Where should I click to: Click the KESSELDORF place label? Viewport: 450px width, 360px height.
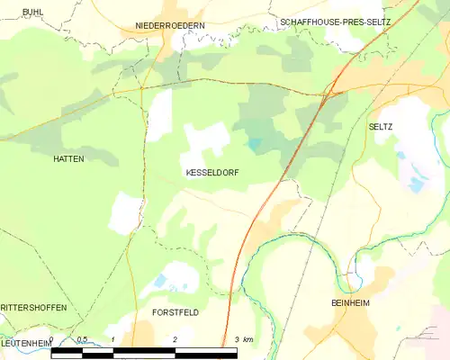pyautogui.click(x=212, y=171)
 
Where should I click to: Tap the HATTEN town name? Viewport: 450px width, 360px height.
pyautogui.click(x=68, y=158)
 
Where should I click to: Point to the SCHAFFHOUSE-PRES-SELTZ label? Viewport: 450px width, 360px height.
pyautogui.click(x=335, y=21)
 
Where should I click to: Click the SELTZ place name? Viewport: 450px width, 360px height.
pyautogui.click(x=381, y=128)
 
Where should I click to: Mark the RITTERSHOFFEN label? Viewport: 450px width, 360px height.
pyautogui.click(x=34, y=308)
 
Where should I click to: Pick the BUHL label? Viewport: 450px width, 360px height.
pyautogui.click(x=32, y=12)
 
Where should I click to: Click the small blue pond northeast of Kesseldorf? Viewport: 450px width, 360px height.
pyautogui.click(x=255, y=143)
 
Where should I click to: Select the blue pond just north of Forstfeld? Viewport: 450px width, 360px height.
pyautogui.click(x=160, y=282)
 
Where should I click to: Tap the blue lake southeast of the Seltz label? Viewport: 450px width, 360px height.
pyautogui.click(x=415, y=185)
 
